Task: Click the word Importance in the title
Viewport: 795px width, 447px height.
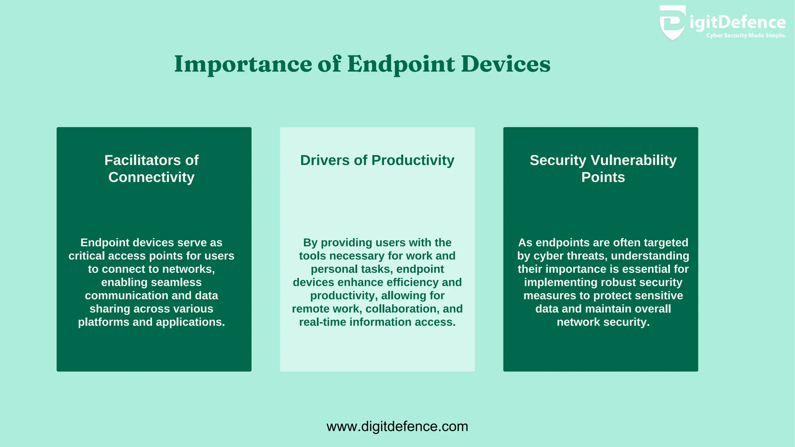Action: click(x=243, y=64)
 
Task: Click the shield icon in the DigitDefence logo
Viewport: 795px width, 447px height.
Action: click(x=672, y=23)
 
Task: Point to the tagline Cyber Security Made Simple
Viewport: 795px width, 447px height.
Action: click(x=746, y=36)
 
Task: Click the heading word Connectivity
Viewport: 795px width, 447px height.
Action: click(x=151, y=177)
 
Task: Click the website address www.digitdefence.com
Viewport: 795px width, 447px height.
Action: click(x=397, y=426)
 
